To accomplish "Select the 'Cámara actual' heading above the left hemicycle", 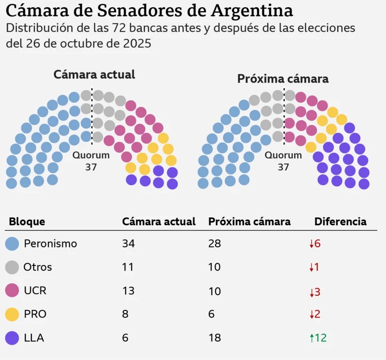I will [94, 74].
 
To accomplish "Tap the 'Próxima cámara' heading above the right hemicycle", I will [283, 79].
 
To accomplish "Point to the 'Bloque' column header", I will [27, 222].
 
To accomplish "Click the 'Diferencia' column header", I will [340, 222].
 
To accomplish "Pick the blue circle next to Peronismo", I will [12, 244].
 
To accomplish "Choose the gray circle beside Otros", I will [12, 267].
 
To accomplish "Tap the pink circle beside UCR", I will [12, 291].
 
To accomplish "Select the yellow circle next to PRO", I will [12, 314].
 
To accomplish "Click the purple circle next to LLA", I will [12, 338].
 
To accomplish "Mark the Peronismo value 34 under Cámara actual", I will [128, 244].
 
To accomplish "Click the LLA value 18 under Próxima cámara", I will [214, 338].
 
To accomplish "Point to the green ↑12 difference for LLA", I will [318, 338].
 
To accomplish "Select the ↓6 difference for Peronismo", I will [315, 244].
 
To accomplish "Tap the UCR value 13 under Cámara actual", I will [128, 291].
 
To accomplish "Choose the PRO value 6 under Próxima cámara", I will [211, 314].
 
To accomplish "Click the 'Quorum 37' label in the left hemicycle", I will [91, 161].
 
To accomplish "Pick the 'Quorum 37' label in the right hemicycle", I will [283, 161].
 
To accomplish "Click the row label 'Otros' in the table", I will [38, 267].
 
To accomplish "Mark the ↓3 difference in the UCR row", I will [315, 291].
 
